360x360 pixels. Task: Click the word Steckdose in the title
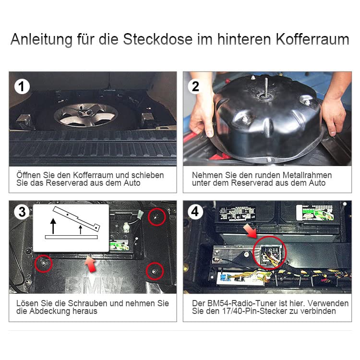[x=158, y=39]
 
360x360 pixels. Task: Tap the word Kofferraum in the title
[x=312, y=39]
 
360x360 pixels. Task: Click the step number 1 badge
[x=22, y=86]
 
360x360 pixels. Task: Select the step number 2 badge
[x=195, y=86]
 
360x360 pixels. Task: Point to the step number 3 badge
[x=22, y=212]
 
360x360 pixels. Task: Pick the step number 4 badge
[x=195, y=212]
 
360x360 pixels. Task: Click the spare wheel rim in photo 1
[x=86, y=115]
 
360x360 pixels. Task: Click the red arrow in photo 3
[x=90, y=264]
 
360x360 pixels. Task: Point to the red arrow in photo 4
[x=251, y=231]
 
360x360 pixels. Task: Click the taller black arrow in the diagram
[x=53, y=226]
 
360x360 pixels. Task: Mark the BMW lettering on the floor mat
[x=94, y=285]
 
